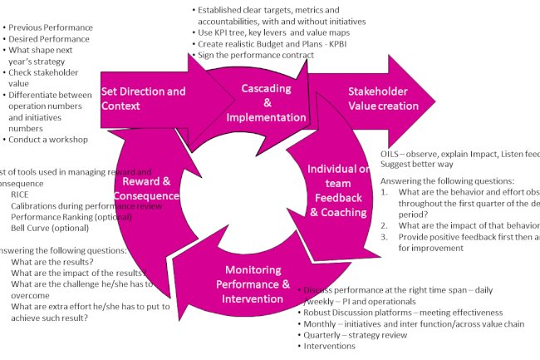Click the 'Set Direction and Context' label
[x=143, y=99]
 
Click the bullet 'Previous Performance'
[x=50, y=27]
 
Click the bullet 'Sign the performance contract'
[x=256, y=55]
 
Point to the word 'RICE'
[x=19, y=194]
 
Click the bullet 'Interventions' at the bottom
[x=330, y=347]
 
